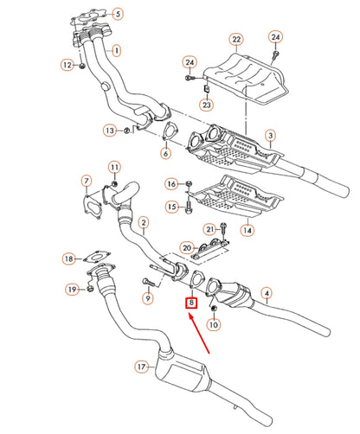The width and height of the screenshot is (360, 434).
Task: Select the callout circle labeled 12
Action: click(67, 65)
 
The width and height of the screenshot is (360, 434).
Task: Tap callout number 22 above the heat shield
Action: click(235, 39)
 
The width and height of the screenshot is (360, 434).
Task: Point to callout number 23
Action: click(208, 105)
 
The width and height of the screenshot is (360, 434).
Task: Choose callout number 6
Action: click(164, 153)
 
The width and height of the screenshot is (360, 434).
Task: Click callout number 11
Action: click(114, 166)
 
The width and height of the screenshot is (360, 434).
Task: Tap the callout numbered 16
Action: click(172, 184)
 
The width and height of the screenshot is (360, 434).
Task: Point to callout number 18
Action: click(67, 258)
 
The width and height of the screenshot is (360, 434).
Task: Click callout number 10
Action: click(215, 325)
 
